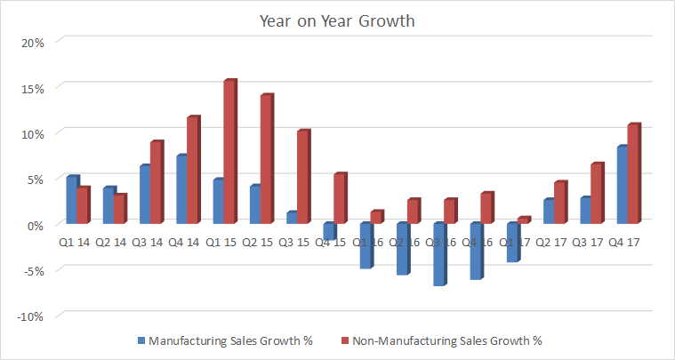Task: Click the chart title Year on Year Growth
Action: (x=337, y=20)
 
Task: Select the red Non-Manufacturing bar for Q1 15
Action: (x=229, y=151)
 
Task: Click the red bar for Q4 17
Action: (x=633, y=173)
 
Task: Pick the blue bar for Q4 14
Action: (x=181, y=188)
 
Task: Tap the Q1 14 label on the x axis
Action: (x=75, y=240)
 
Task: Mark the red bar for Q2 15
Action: (x=266, y=158)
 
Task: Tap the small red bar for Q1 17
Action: (x=523, y=220)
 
